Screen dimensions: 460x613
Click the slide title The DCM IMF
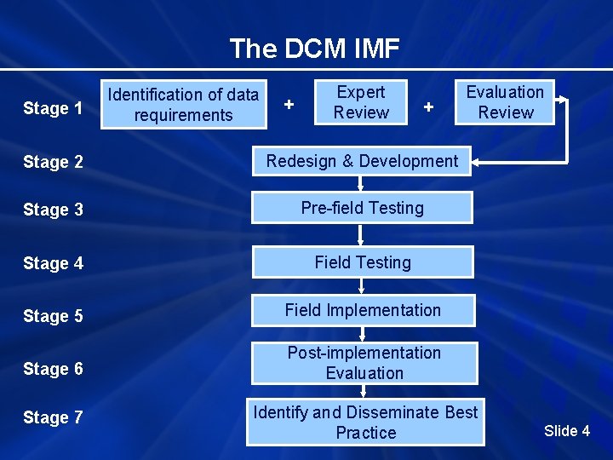pyautogui.click(x=314, y=49)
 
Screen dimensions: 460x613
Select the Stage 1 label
pyautogui.click(x=53, y=108)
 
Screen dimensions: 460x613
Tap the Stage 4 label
pyautogui.click(x=53, y=263)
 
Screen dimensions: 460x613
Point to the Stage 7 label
pyautogui.click(x=53, y=417)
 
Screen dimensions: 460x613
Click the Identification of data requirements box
pyautogui.click(x=184, y=105)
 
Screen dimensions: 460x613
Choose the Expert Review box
pyautogui.click(x=361, y=102)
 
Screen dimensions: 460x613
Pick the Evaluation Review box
pyautogui.click(x=505, y=102)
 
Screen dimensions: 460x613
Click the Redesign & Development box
pyautogui.click(x=362, y=161)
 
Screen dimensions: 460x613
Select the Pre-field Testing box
pyautogui.click(x=362, y=208)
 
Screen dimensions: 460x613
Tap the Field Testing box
pyautogui.click(x=362, y=262)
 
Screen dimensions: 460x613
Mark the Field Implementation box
pyautogui.click(x=363, y=310)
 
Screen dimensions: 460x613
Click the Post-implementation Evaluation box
pyautogui.click(x=364, y=363)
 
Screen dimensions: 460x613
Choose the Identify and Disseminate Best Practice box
pyautogui.click(x=365, y=423)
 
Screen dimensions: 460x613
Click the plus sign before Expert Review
pyautogui.click(x=289, y=104)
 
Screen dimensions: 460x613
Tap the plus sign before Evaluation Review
pyautogui.click(x=429, y=106)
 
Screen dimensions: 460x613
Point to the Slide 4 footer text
pyautogui.click(x=566, y=430)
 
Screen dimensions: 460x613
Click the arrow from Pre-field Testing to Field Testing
pyautogui.click(x=362, y=235)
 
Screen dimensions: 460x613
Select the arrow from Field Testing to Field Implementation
pyautogui.click(x=362, y=286)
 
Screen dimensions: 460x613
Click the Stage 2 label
pyautogui.click(x=53, y=162)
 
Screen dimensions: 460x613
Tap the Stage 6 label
pyautogui.click(x=53, y=369)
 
